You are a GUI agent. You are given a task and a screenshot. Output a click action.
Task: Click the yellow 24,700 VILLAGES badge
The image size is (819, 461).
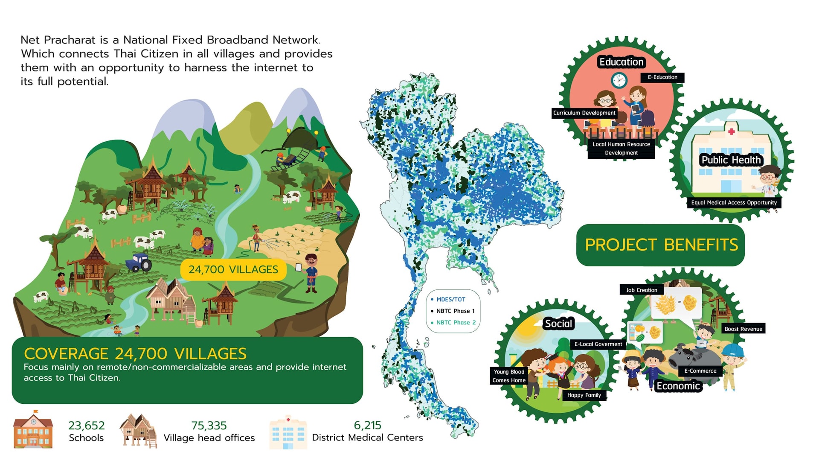pos(233,269)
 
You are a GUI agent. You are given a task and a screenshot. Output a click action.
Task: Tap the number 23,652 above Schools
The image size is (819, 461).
pos(86,426)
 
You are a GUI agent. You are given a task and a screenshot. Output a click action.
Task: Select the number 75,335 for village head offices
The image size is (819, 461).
pos(209,426)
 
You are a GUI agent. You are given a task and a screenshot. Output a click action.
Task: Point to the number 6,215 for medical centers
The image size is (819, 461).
pos(367,425)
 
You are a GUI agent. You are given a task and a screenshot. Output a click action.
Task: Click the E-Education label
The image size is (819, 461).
pos(662,77)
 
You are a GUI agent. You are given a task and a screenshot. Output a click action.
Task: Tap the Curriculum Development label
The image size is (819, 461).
pos(584,113)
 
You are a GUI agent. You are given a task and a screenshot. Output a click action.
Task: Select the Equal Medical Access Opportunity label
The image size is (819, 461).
pos(734,203)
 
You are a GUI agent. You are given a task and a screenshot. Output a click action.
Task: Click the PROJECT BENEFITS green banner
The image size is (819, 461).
pos(661,245)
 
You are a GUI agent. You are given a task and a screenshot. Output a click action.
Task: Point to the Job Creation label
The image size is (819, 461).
pos(642,290)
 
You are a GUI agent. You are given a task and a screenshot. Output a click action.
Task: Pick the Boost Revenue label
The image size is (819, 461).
pos(743,329)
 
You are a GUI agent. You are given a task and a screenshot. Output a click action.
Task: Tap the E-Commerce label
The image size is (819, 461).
pos(700,371)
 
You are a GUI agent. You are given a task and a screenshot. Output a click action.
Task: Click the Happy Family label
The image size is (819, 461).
pos(584,395)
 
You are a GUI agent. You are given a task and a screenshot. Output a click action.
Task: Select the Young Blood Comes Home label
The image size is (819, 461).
pos(509,376)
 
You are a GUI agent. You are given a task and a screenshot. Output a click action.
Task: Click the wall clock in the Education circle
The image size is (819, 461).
pos(619,80)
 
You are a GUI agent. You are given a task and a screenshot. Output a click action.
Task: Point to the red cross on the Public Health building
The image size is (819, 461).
pos(732,131)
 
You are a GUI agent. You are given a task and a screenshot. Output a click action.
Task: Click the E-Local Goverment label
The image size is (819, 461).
pos(598,344)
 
